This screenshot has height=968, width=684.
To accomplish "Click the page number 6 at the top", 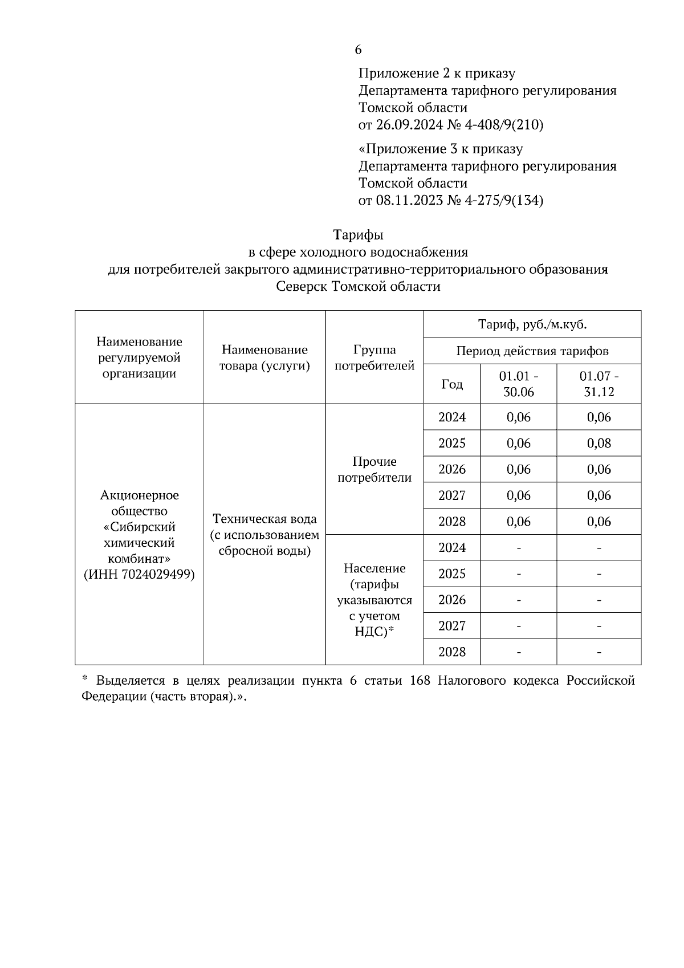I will pos(358,50).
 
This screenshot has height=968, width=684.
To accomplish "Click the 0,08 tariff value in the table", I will pos(598,443).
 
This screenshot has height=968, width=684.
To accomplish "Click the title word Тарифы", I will pos(358,235).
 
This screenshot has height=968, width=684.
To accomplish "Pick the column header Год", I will pos(451,384).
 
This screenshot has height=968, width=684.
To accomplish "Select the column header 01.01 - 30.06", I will pos(518,384).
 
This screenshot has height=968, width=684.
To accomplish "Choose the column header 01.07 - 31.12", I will pos(598,384).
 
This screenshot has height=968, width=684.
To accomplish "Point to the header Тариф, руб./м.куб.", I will pos(532,324).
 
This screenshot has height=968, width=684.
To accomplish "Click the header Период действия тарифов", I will pos(532,351).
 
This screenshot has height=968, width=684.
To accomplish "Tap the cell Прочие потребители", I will pos(374,469).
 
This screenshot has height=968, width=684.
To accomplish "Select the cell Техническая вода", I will pos(264,519).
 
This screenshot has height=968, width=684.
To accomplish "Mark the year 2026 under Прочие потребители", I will pos(451,469).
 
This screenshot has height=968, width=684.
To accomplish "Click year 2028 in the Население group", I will pos(451,652).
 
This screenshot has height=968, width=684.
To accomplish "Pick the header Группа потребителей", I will pos(374,357).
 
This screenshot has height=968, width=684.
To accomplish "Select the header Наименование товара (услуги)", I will pos(264,357).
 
